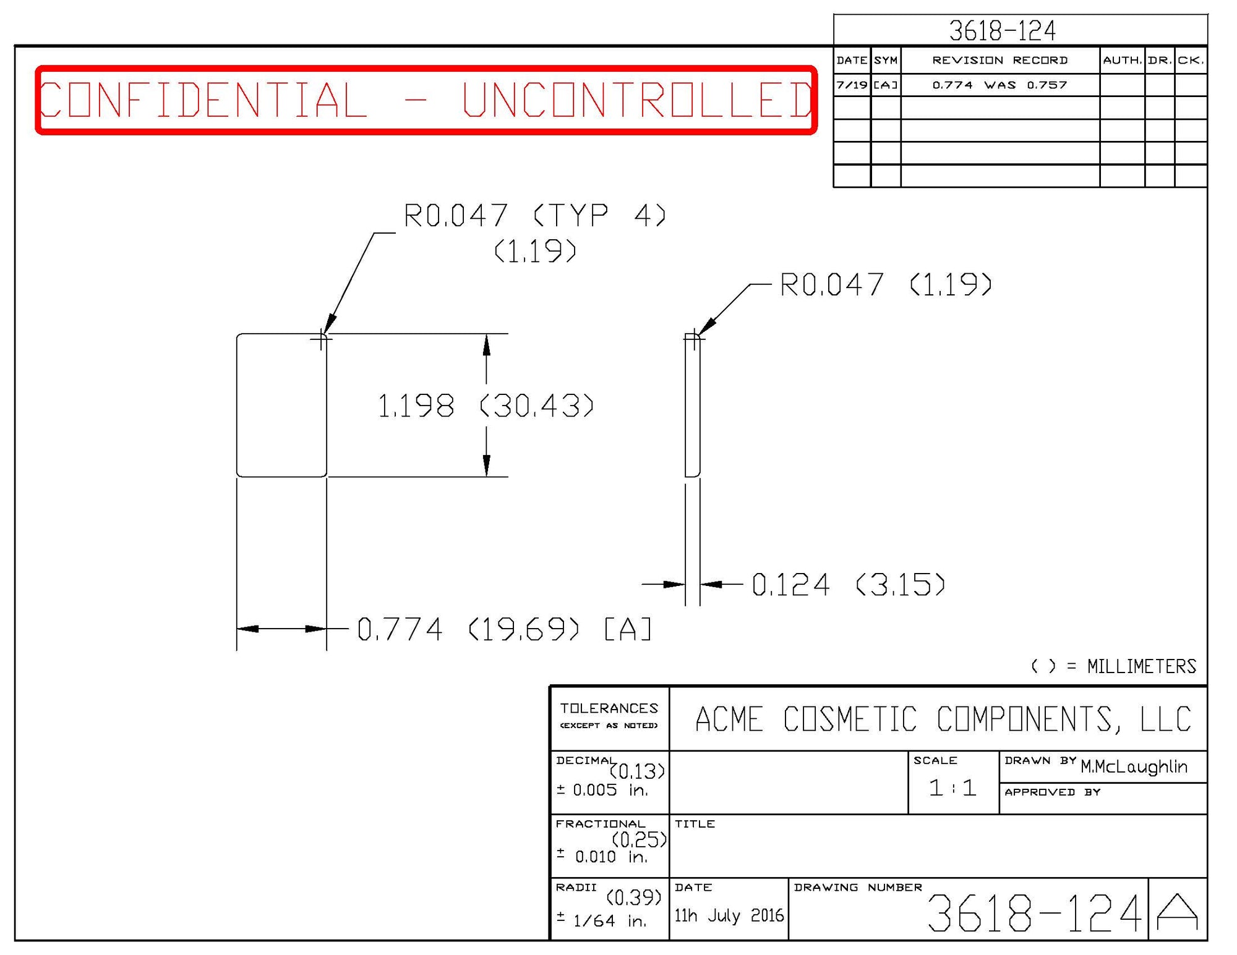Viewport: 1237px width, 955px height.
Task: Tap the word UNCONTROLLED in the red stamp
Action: pos(637,100)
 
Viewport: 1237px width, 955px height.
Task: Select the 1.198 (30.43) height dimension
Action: pos(485,406)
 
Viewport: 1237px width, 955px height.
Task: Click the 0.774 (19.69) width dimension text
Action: pos(468,630)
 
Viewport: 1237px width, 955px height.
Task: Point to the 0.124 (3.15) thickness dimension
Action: pos(848,585)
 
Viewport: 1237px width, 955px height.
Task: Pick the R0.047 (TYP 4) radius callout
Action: pos(534,216)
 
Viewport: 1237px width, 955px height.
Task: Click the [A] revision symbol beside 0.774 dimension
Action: pos(627,630)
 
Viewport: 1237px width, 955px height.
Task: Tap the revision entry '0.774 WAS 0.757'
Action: pos(999,85)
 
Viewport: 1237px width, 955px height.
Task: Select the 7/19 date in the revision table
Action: pos(852,85)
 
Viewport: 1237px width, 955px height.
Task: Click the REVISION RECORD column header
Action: pos(999,60)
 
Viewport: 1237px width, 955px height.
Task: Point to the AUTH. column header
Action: pos(1122,60)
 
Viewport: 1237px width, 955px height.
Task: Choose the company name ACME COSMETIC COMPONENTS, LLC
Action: pos(943,719)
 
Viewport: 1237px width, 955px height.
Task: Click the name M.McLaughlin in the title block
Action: pos(1134,767)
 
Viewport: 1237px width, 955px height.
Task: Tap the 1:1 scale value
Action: pos(952,788)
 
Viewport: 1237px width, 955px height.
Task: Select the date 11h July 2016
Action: pos(729,915)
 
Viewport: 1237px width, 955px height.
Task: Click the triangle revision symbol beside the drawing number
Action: pos(1177,912)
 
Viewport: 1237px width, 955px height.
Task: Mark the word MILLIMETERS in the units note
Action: pos(1141,666)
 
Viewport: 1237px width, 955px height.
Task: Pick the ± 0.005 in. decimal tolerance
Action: pos(602,790)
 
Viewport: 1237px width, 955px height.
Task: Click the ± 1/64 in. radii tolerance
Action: pos(601,921)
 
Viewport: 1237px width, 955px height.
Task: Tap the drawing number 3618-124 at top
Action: pos(1002,30)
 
